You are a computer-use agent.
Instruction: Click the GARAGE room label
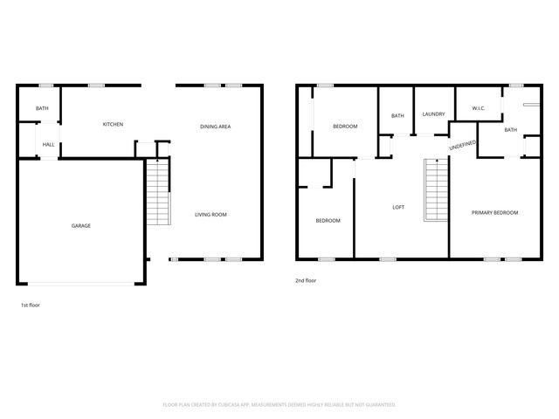81,226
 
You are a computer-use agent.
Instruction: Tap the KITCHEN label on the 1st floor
113,125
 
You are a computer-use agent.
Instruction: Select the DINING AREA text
215,127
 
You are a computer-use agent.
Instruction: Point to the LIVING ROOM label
211,214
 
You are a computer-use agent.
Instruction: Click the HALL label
48,145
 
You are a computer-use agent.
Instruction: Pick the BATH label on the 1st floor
42,108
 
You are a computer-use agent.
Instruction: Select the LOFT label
397,207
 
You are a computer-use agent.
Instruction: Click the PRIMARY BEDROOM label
494,213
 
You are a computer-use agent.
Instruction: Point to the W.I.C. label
479,109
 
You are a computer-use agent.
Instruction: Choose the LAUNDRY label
433,114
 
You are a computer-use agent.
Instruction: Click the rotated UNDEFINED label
462,146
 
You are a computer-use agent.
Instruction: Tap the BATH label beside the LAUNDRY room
397,116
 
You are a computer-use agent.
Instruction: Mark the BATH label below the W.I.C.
510,130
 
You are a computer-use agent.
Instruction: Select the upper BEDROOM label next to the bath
345,127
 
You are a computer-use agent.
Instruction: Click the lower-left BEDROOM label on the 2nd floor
328,221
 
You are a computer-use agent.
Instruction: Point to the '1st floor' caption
31,306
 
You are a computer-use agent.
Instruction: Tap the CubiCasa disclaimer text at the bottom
279,405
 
